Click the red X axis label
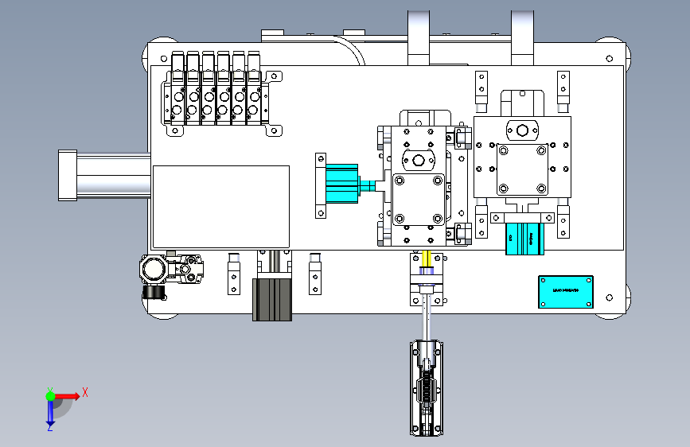pyautogui.click(x=84, y=391)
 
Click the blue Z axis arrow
pyautogui.click(x=50, y=411)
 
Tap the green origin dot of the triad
pyautogui.click(x=50, y=395)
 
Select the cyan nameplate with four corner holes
pyautogui.click(x=566, y=291)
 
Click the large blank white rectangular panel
pyautogui.click(x=220, y=206)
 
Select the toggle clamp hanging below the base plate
pyautogui.click(x=427, y=388)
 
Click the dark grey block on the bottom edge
pyautogui.click(x=273, y=299)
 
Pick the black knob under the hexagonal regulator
pyautogui.click(x=155, y=293)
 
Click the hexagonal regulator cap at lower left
pyautogui.click(x=154, y=270)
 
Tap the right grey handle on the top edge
pyautogui.click(x=522, y=36)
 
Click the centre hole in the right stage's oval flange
pyautogui.click(x=522, y=130)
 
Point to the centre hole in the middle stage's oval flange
pyautogui.click(x=418, y=161)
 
